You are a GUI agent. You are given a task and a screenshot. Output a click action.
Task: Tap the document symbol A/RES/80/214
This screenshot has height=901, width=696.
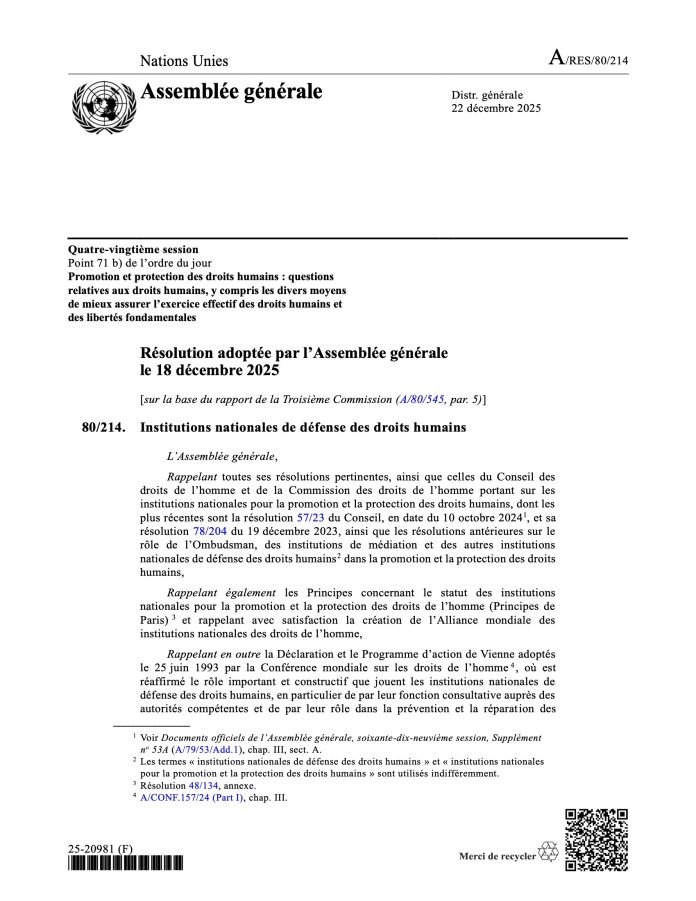pos(588,60)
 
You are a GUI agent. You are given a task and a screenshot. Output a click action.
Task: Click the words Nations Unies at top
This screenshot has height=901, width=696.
pos(184,62)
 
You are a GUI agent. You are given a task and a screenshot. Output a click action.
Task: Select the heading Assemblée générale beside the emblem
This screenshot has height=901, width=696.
pos(232,93)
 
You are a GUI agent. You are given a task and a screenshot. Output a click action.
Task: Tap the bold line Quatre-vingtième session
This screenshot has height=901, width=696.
pos(133,249)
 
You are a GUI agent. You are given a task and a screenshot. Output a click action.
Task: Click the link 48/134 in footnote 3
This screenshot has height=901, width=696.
pos(206,785)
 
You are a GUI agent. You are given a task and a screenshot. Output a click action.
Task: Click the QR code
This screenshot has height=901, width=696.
pos(596,839)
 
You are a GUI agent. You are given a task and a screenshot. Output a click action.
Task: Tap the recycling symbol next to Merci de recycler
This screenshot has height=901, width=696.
pos(548,853)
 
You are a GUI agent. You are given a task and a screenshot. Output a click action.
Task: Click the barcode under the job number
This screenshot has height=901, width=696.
pos(127,864)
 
